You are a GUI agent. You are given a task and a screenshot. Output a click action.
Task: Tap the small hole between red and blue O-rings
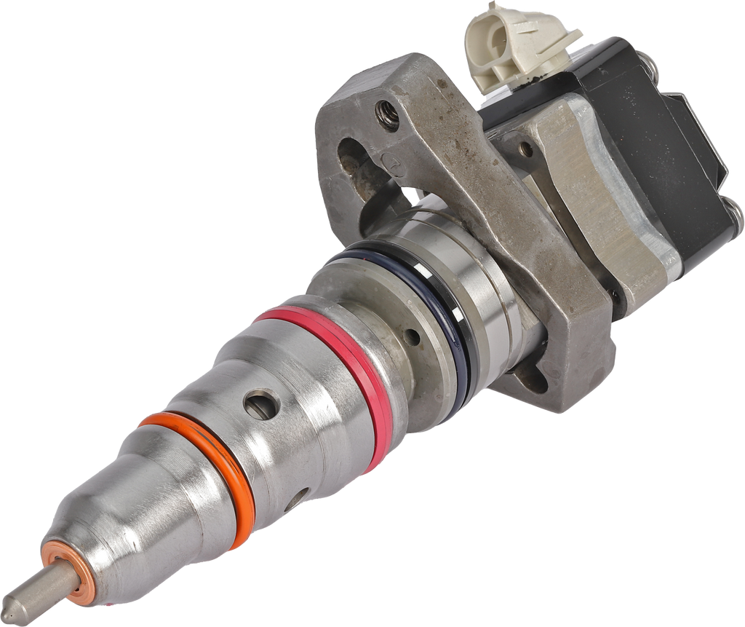click(413, 337)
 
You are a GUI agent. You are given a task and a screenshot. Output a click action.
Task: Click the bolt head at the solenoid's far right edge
click(736, 213)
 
